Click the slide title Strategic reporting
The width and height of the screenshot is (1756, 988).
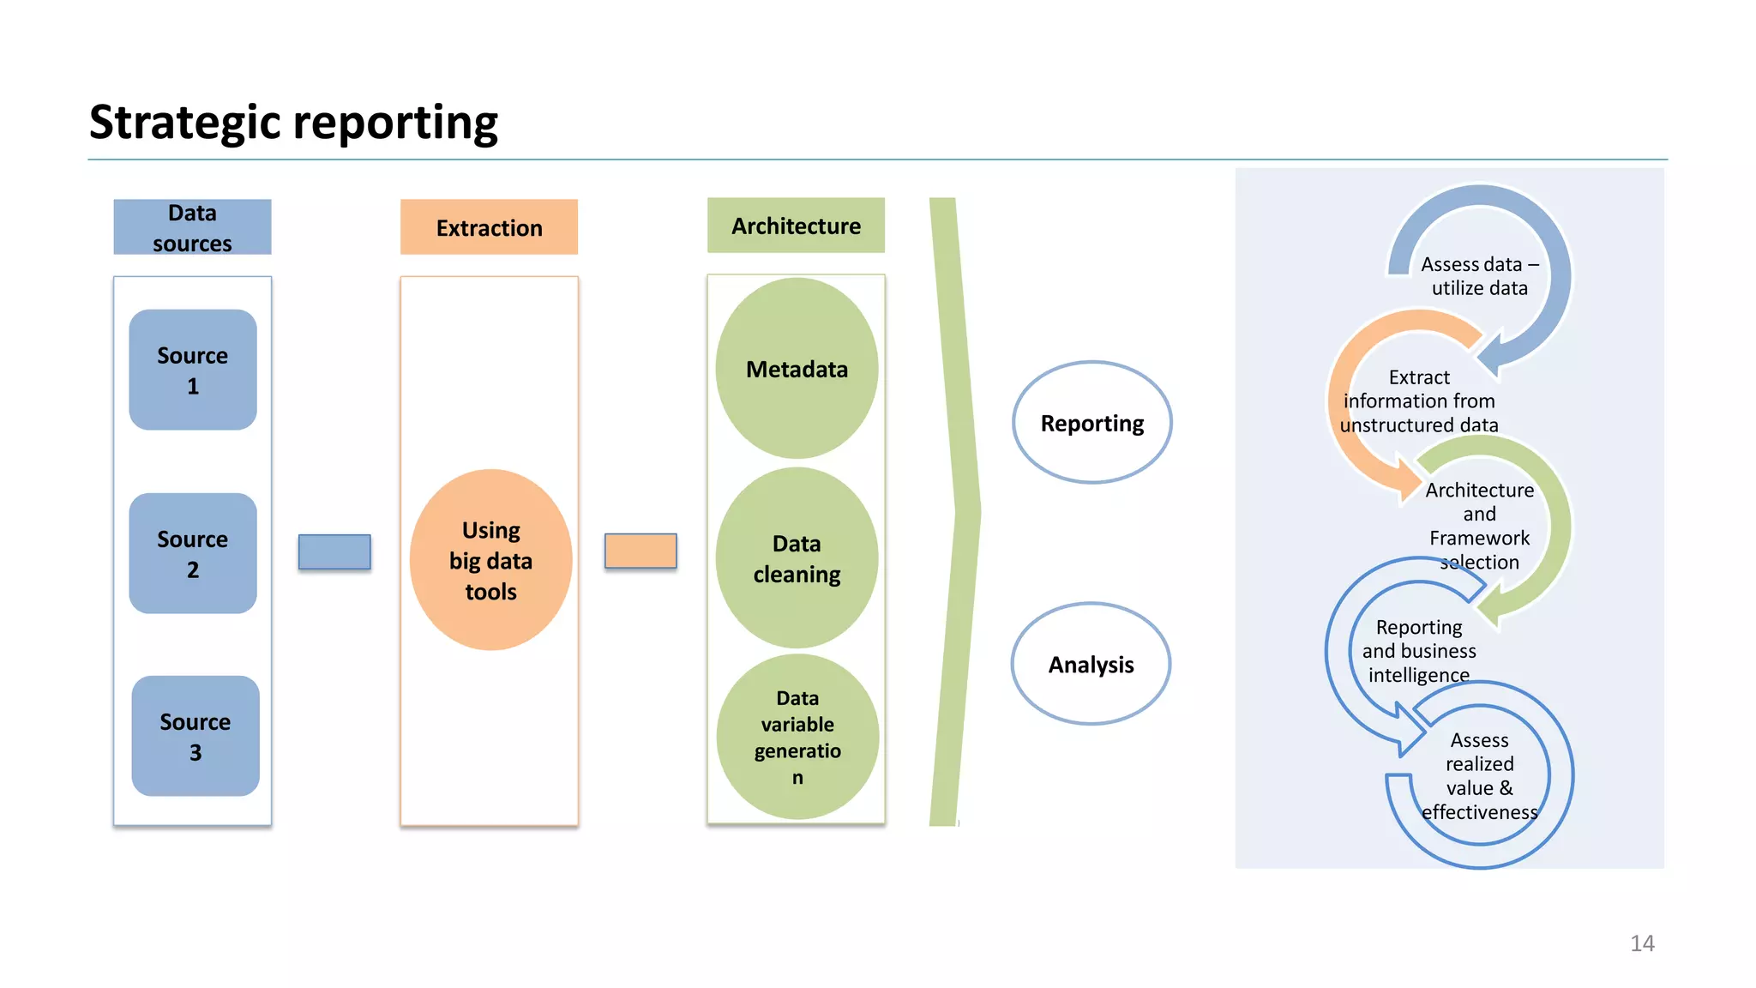point(293,122)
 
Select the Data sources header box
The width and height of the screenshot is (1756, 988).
point(192,227)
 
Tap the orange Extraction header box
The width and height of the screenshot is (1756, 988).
point(489,227)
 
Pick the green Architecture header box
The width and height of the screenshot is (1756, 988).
point(796,226)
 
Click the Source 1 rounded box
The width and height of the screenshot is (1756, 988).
point(193,370)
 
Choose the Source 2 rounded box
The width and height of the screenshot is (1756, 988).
point(193,553)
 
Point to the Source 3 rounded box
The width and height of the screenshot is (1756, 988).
point(195,736)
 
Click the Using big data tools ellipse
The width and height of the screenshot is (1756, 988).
point(490,560)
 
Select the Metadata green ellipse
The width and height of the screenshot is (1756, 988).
point(797,369)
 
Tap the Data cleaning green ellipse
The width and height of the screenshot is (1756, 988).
point(797,558)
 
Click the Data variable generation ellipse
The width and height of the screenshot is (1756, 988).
point(797,737)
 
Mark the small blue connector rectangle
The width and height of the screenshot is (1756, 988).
point(334,551)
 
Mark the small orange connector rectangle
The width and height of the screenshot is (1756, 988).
point(640,551)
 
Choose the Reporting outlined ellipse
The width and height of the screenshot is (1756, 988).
point(1091,423)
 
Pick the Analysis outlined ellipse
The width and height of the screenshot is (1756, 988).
point(1091,664)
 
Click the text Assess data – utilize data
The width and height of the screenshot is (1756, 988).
point(1479,276)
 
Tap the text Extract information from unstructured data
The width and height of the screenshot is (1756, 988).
point(1419,401)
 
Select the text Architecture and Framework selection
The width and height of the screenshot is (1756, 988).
point(1479,526)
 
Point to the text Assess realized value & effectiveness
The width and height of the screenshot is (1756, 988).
point(1479,775)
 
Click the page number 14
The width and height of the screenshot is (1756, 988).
point(1641,943)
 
